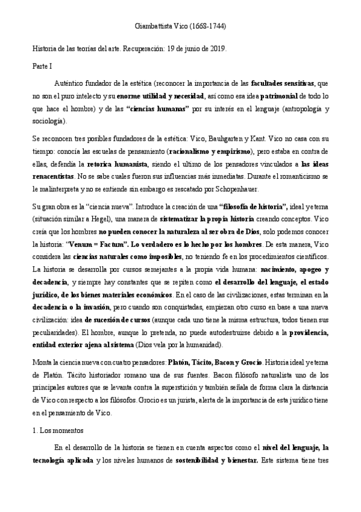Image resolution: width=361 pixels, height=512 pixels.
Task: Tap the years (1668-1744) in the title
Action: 207,27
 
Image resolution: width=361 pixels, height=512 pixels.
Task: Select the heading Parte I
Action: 42,65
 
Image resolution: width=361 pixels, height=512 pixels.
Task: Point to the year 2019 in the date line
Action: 218,48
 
